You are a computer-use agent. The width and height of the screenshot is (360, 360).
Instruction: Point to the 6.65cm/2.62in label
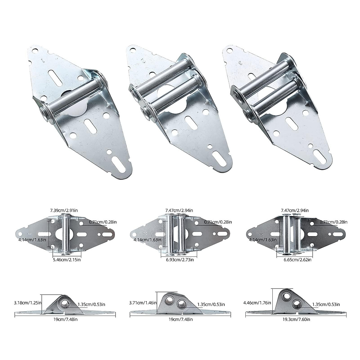pos(296,259)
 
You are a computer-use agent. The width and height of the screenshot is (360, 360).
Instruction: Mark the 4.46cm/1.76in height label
pos(257,303)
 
